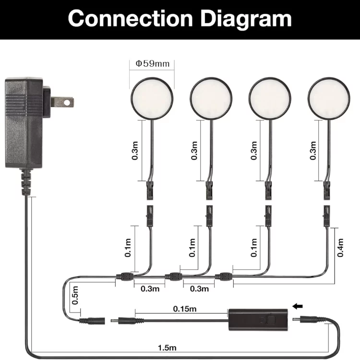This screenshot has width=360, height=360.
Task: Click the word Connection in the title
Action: [130, 18]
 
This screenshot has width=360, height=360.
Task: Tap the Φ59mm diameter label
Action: [153, 63]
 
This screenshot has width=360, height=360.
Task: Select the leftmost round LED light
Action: [152, 98]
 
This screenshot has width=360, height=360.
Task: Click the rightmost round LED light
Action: [329, 98]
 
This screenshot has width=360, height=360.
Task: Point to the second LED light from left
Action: [211, 98]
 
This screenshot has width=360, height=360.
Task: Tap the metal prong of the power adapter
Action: [62, 102]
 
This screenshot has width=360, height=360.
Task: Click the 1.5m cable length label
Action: [167, 348]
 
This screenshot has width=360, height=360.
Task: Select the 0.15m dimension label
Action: [185, 309]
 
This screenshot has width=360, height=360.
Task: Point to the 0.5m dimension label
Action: [75, 295]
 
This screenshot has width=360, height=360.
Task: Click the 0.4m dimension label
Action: [340, 248]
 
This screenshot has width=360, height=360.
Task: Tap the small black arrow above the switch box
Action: [298, 306]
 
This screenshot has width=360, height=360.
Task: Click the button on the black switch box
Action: [271, 321]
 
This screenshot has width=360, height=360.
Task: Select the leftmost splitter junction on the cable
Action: [125, 276]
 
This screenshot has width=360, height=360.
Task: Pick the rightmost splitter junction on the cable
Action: [224, 276]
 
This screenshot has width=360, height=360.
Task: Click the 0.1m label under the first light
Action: [128, 248]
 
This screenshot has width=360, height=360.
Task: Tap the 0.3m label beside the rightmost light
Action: [313, 151]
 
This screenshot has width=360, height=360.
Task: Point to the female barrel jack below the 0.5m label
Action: [92, 321]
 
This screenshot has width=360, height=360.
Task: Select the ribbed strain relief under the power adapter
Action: [26, 182]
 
